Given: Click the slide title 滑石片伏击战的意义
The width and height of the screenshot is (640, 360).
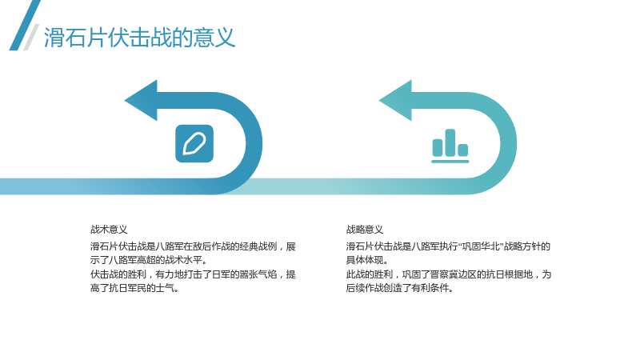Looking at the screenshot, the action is coord(139,38).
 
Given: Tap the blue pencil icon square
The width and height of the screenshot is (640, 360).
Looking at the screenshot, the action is coord(194,144).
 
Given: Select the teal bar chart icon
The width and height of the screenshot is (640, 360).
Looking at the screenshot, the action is coord(450,146).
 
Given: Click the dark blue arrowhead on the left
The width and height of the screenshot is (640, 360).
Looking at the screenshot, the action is coord(141,101).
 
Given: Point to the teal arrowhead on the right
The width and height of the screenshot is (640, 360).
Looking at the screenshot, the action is coord(395,101).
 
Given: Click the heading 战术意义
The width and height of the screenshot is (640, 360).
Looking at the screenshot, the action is coord(109,230).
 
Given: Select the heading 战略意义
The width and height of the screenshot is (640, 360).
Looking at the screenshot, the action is coord(365,230).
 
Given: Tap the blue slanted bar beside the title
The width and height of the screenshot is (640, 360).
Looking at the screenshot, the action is coord(25,26).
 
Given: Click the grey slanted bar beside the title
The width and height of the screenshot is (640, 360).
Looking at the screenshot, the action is coord(31,37).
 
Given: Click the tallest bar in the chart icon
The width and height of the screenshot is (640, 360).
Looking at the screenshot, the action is coord(450,142).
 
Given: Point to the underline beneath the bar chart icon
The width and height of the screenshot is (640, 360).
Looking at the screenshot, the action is coord(450,162).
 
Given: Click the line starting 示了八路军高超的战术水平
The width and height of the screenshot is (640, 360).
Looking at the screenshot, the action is coord(149,260).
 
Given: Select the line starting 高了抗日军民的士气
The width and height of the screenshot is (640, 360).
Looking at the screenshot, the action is coord(134,288).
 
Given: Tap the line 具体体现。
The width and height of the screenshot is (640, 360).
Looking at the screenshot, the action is coord(367,260).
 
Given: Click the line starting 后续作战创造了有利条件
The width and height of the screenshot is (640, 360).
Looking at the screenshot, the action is coord(399,288).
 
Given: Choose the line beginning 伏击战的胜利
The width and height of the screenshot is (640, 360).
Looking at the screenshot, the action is coord(193,274).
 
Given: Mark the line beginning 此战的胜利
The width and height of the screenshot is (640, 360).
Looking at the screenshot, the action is coord(449,274).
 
